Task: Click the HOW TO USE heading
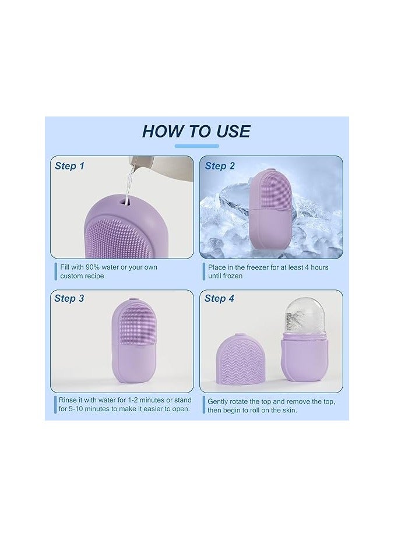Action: tap(196, 131)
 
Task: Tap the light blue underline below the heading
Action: tap(196, 146)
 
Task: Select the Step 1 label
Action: tap(69, 166)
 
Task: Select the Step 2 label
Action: tap(220, 166)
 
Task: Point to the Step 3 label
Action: tap(69, 298)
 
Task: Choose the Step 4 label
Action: tap(219, 298)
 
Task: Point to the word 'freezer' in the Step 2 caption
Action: tap(262, 267)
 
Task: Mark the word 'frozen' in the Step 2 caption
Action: tap(231, 276)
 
